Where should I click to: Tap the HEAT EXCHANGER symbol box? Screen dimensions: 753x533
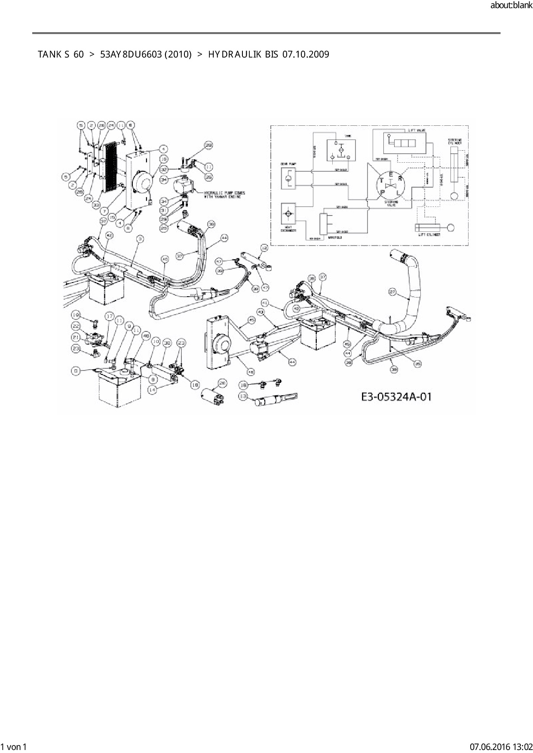(x=288, y=214)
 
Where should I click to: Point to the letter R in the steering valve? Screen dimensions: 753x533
(x=400, y=178)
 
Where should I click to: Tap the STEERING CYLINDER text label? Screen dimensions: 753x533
(x=454, y=141)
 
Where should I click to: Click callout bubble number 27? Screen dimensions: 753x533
(x=392, y=292)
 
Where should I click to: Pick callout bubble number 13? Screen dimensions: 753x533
(x=244, y=397)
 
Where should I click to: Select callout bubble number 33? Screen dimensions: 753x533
(x=96, y=204)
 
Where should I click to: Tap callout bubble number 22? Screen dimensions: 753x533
(x=76, y=326)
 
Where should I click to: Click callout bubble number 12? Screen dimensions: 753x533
(x=264, y=248)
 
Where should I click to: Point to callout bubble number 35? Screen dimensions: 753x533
(x=417, y=363)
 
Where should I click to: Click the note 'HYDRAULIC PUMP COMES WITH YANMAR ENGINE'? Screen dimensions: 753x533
(x=222, y=194)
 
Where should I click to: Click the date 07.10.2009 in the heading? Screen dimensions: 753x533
(x=306, y=55)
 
